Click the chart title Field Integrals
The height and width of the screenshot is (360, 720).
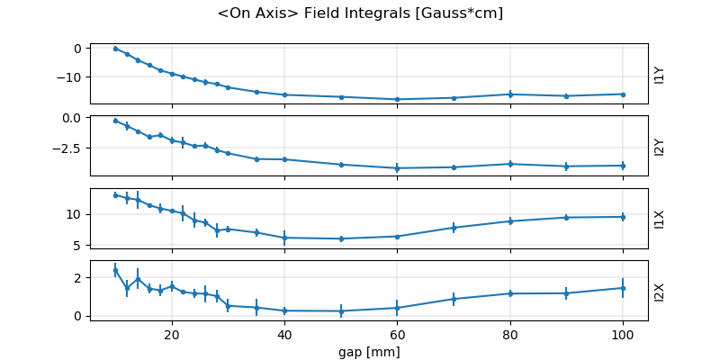click(360, 13)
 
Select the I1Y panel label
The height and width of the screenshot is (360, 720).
click(660, 75)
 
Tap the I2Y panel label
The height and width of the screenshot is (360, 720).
click(660, 147)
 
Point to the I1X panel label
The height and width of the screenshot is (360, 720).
click(660, 219)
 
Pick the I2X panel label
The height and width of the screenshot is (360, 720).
click(660, 291)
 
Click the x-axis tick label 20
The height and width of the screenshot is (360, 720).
click(172, 335)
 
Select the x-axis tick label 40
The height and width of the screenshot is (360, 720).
click(284, 335)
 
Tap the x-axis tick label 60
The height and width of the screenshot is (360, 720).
click(397, 335)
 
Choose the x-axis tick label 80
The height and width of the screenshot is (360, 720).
click(510, 335)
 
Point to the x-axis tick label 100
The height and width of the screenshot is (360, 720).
click(623, 335)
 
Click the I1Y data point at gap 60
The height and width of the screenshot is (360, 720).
click(397, 99)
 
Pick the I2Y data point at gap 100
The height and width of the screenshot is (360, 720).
click(623, 166)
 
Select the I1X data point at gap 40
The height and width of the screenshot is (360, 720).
click(284, 238)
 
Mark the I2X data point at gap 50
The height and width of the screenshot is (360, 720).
click(341, 311)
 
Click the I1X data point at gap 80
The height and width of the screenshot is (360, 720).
click(510, 220)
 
